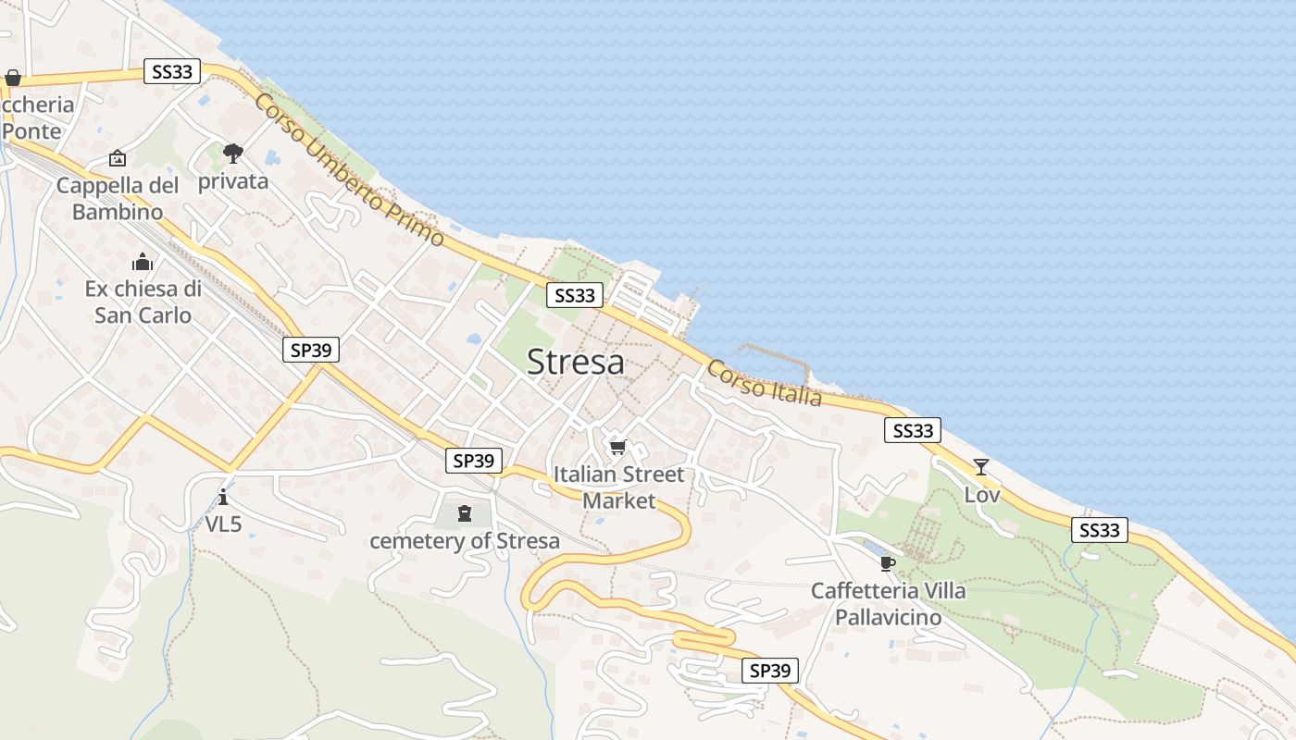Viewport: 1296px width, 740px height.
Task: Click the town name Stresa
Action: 575,362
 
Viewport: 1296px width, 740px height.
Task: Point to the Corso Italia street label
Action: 765,383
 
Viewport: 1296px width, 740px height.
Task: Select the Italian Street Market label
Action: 618,487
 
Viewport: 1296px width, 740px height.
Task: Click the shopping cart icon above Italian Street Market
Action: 617,448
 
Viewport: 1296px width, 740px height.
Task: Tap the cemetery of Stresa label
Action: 465,541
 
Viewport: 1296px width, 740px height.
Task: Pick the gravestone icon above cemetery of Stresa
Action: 465,513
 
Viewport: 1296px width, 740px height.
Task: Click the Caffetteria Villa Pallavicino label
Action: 888,603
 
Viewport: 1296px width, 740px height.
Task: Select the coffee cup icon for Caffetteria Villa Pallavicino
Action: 888,563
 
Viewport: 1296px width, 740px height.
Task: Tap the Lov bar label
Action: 982,495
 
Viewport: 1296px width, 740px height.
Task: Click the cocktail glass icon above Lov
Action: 981,467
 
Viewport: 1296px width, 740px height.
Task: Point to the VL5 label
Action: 223,524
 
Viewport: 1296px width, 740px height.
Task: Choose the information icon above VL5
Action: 223,498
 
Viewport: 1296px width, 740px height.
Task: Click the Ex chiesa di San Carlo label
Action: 143,302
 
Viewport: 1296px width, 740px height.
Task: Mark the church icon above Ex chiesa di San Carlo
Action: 143,262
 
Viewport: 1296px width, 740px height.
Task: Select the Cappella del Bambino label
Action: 118,198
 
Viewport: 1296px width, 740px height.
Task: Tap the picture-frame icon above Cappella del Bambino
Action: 118,159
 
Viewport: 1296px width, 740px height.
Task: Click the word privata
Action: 233,181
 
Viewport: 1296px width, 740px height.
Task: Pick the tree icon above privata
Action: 233,153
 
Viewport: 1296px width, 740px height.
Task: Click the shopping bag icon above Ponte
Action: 13,78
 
